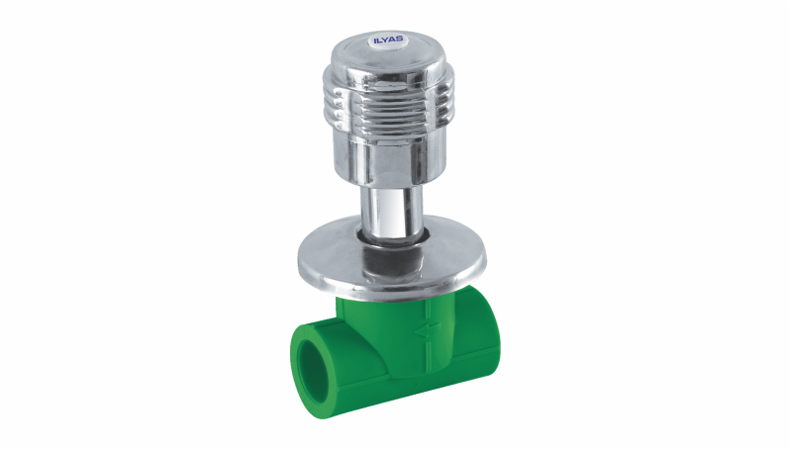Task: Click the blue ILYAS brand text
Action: (387, 39)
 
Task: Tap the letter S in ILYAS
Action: (399, 38)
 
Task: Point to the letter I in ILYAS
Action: (375, 40)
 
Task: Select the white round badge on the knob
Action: (387, 39)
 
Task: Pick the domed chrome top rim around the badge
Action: (388, 53)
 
